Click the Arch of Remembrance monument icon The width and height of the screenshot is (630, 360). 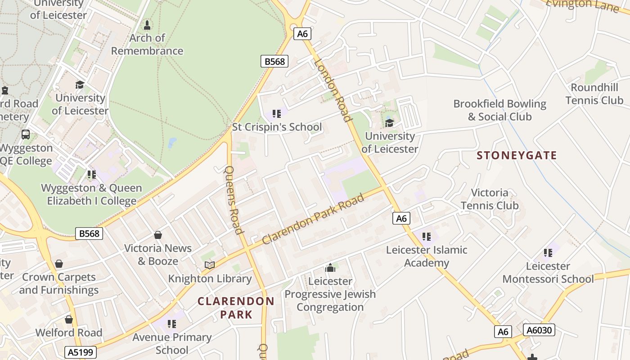[x=147, y=25]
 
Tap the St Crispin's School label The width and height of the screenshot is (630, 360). [x=277, y=127]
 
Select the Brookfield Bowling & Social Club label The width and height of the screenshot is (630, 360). [x=499, y=110]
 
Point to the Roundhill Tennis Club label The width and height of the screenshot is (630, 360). [x=594, y=94]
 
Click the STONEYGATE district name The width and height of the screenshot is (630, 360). [x=517, y=156]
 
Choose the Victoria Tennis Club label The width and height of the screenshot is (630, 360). [x=489, y=199]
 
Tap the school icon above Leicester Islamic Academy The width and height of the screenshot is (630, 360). [x=427, y=236]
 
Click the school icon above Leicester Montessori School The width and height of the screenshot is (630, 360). [x=548, y=252]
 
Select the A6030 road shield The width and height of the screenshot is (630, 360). [x=539, y=330]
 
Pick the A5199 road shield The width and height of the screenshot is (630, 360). [x=81, y=352]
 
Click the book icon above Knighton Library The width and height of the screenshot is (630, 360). [x=210, y=265]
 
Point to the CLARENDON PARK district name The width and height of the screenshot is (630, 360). [x=236, y=308]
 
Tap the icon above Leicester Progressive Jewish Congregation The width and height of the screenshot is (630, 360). [x=330, y=268]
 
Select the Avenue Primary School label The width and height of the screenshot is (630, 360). [x=172, y=343]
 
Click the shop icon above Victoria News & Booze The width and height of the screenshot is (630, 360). [x=158, y=235]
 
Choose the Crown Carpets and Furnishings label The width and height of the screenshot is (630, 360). [x=58, y=283]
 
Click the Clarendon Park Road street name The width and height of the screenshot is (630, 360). [x=313, y=219]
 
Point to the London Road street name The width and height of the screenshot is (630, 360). [x=333, y=90]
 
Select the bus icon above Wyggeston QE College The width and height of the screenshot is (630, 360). [x=26, y=135]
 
